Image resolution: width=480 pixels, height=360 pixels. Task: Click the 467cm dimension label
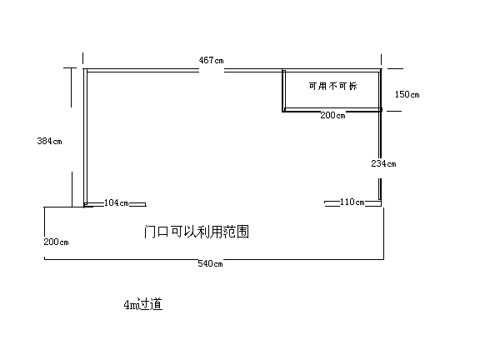(x=211, y=60)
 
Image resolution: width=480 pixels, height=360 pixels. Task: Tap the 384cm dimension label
(x=50, y=141)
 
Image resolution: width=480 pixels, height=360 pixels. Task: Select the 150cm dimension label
(x=407, y=94)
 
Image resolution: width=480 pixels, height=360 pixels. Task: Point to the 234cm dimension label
(x=383, y=163)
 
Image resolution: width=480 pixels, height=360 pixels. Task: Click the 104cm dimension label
(x=117, y=202)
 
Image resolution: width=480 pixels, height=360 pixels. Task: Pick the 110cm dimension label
(x=352, y=202)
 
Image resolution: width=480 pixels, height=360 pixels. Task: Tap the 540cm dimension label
(x=210, y=263)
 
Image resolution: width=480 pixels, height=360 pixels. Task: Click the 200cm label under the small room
(x=332, y=115)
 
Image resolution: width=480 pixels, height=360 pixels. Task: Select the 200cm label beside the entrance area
(x=56, y=242)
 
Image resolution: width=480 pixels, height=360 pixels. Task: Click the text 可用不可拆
(x=332, y=86)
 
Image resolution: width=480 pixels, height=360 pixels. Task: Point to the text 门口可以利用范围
(x=197, y=232)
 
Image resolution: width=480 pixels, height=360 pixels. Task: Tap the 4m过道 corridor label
(x=143, y=304)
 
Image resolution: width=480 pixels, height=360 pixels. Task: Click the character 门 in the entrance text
(x=150, y=232)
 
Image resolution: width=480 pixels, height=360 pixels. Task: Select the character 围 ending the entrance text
(x=242, y=232)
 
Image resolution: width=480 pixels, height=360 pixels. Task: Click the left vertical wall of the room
(x=85, y=137)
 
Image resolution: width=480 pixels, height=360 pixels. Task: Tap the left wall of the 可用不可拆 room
(x=284, y=91)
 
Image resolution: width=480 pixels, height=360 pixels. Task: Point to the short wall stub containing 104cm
(x=115, y=204)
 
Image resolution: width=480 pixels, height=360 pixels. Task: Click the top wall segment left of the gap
(x=142, y=70)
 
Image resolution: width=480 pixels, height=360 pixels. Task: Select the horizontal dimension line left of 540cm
(x=121, y=259)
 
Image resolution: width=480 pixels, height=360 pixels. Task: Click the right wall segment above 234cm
(x=381, y=135)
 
